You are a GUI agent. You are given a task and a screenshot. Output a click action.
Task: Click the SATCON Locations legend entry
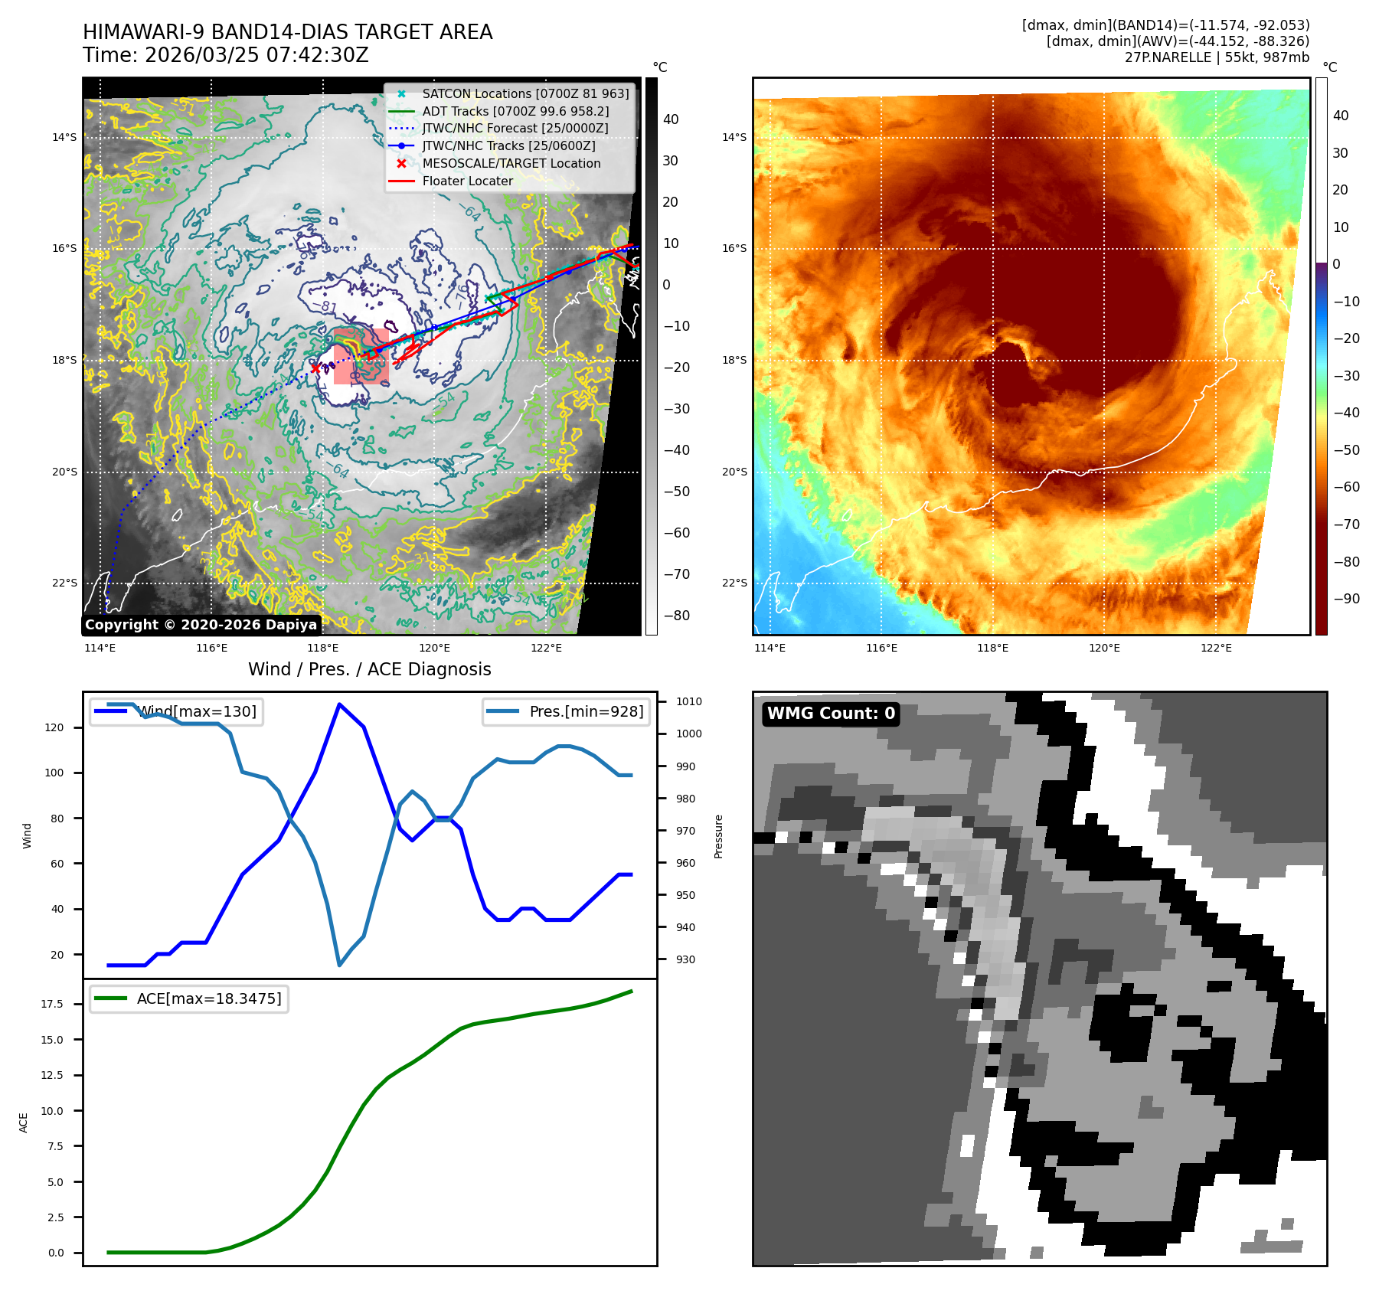click(525, 94)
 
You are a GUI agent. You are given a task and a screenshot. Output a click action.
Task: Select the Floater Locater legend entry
click(467, 181)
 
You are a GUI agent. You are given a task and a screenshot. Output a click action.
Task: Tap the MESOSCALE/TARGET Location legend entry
click(511, 164)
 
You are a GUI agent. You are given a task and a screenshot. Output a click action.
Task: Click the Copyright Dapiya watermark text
click(201, 625)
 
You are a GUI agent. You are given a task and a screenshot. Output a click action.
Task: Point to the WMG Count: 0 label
click(831, 714)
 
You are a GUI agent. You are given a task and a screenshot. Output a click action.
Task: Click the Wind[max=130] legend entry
click(197, 711)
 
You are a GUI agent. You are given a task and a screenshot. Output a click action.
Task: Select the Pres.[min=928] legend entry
click(586, 711)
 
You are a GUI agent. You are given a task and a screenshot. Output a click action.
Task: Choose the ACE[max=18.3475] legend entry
click(208, 998)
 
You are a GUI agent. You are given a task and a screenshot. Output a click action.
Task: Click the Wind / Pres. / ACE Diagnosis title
click(369, 669)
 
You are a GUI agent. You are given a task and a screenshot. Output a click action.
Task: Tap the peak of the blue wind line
click(339, 704)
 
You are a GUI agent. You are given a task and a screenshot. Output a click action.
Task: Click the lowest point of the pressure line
click(339, 965)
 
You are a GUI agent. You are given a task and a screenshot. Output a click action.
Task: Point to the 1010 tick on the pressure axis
click(688, 701)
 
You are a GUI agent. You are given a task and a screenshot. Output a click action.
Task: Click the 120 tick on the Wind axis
click(54, 727)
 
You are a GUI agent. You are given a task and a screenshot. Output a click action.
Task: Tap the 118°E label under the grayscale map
click(323, 648)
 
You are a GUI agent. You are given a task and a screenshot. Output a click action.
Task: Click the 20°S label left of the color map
click(734, 472)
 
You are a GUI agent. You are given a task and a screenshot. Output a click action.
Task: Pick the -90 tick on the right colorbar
click(1346, 599)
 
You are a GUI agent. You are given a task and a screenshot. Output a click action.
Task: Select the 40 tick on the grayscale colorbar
click(671, 119)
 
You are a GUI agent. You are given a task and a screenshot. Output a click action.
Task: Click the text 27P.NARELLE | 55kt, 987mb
click(1217, 57)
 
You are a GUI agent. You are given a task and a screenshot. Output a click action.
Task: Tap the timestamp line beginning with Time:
click(226, 55)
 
